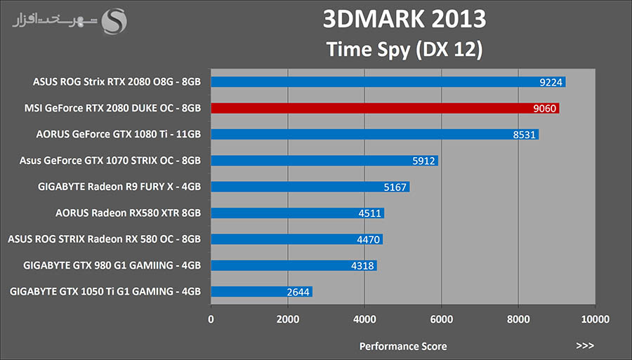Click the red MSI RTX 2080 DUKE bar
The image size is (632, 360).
pos(385,108)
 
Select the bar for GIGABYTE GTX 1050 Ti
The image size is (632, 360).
pos(261,291)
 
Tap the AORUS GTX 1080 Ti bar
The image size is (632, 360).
pos(374,134)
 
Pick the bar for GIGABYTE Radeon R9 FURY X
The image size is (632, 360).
pos(310,187)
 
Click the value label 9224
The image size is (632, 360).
pos(550,82)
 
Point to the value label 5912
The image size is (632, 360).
pos(424,161)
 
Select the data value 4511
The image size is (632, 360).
pos(370,213)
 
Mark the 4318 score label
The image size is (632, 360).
pos(363,265)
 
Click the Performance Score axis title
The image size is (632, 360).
pos(403,346)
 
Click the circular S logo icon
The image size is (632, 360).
pos(114,21)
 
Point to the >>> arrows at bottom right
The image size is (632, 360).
pos(584,346)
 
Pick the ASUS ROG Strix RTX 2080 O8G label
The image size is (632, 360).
pos(117,82)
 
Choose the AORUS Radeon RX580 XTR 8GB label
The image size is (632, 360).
pos(128,213)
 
